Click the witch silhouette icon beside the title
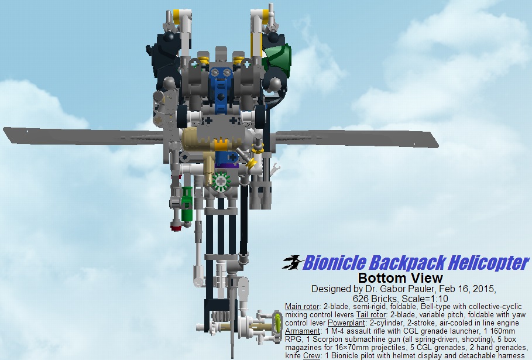(x=292, y=262)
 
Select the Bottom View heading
(x=400, y=278)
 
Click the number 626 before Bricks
(x=361, y=299)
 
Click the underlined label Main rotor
(x=302, y=307)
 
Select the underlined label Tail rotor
(x=371, y=315)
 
